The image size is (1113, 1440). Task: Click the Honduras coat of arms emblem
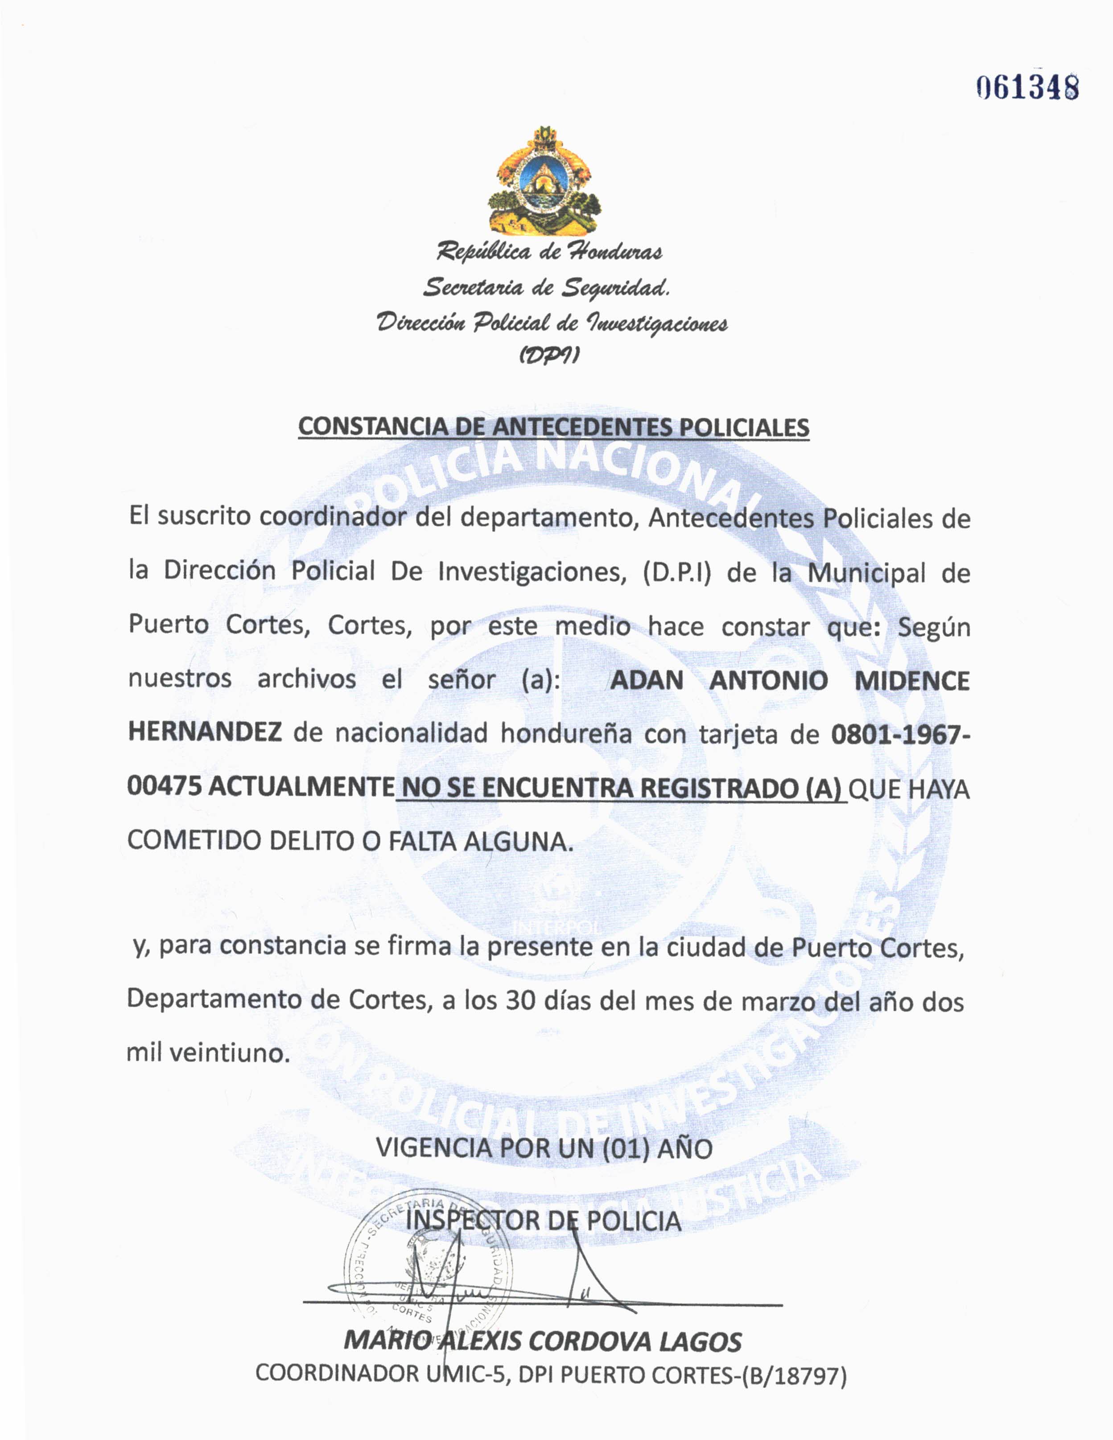[544, 181]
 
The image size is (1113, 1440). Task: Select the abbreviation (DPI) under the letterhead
[548, 356]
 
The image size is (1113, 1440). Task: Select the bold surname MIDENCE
[912, 680]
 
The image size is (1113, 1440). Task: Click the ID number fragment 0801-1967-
[900, 733]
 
